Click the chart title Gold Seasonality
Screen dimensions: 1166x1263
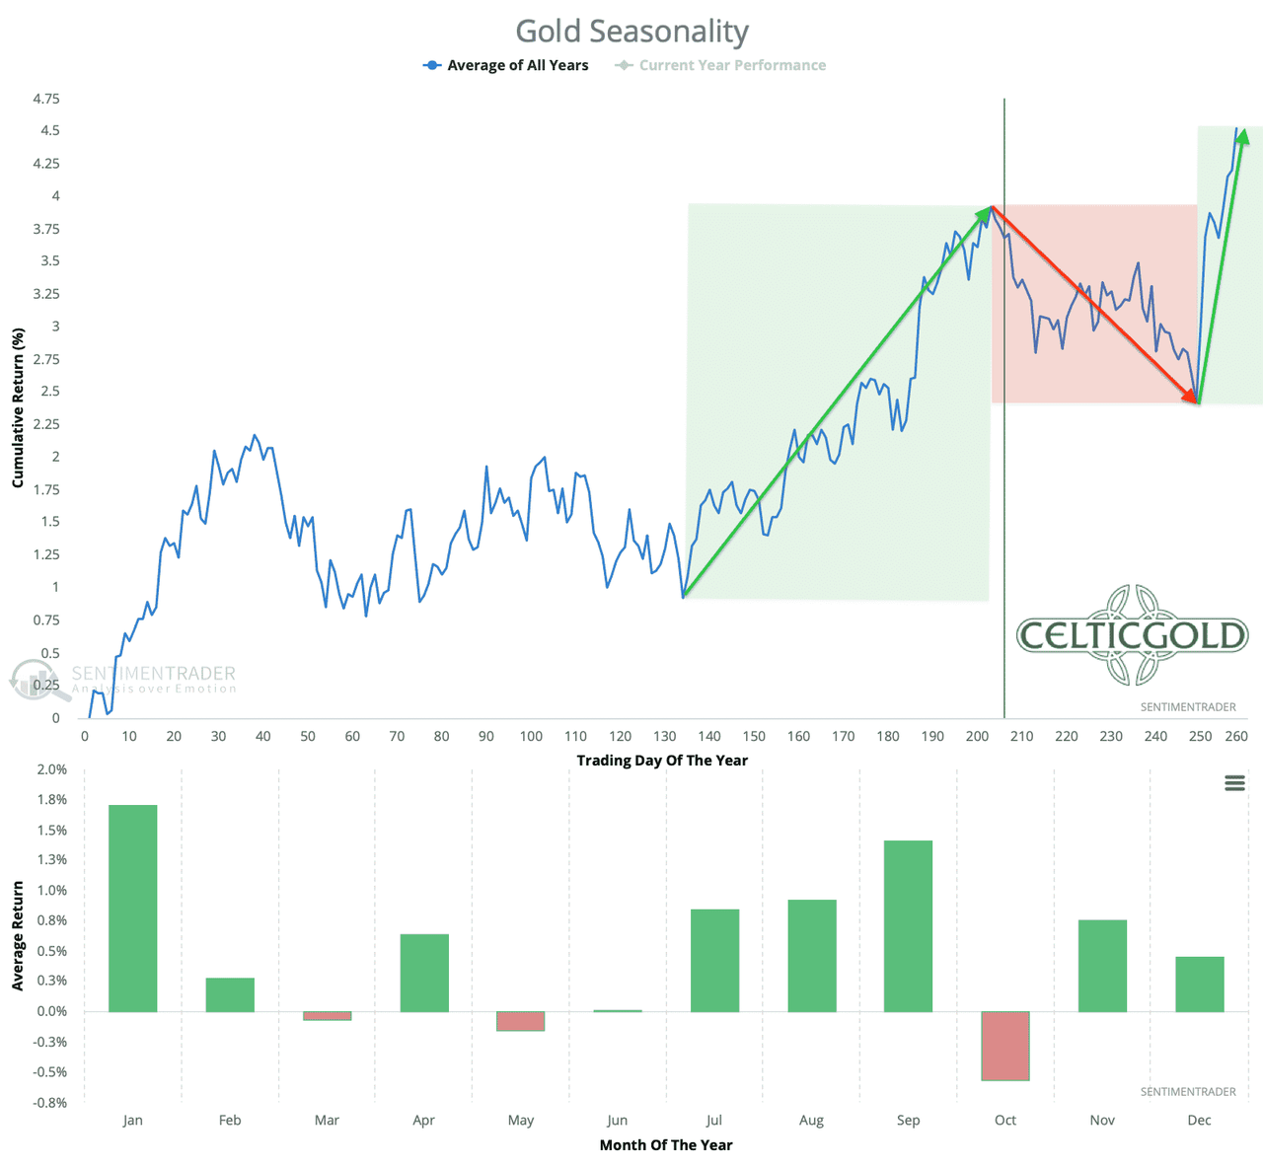pyautogui.click(x=631, y=32)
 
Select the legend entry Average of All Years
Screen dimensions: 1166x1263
pyautogui.click(x=517, y=65)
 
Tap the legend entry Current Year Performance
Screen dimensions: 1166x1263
pyautogui.click(x=731, y=65)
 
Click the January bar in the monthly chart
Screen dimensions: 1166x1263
pyautogui.click(x=132, y=908)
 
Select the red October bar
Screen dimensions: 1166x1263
pyautogui.click(x=1005, y=1046)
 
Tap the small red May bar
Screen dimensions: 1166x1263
pyautogui.click(x=520, y=1021)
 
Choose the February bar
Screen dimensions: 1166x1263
pyautogui.click(x=230, y=994)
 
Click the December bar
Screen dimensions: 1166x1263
pyautogui.click(x=1199, y=984)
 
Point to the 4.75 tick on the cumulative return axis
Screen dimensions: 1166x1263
pyautogui.click(x=45, y=99)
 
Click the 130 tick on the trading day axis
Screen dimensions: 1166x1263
pyautogui.click(x=665, y=736)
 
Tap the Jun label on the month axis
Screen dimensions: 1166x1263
pyautogui.click(x=617, y=1120)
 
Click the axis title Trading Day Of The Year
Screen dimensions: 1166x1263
pyautogui.click(x=662, y=761)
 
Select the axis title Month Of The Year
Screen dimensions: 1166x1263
pyautogui.click(x=666, y=1145)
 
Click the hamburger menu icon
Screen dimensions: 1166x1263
pyautogui.click(x=1234, y=783)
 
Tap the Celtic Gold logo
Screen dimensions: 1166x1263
pyautogui.click(x=1132, y=635)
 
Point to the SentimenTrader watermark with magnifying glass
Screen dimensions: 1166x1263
pyautogui.click(x=123, y=679)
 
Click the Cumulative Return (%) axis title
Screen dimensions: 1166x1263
pyautogui.click(x=18, y=407)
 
